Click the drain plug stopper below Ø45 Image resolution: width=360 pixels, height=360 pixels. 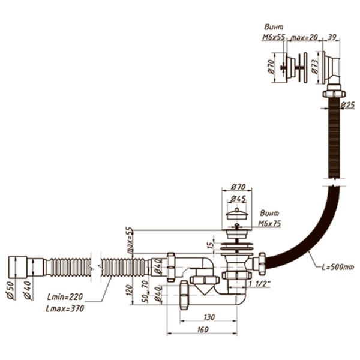[238, 214]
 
